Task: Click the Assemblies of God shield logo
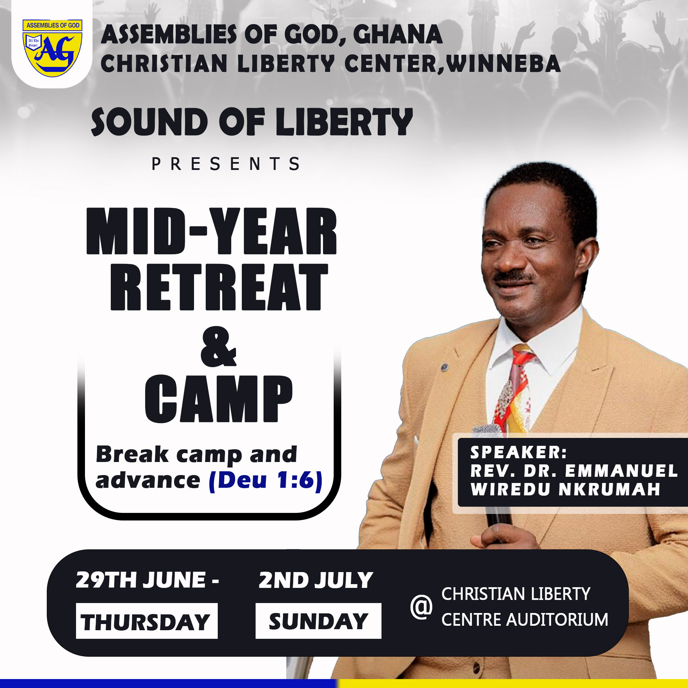coord(52,49)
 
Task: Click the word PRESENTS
coord(226,164)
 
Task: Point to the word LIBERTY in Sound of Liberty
coord(344,122)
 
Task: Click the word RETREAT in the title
coord(219,287)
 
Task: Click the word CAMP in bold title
coord(218,399)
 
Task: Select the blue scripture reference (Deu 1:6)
coord(266,481)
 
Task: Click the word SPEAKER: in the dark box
coord(518,453)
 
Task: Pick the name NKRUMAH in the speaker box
coord(609,489)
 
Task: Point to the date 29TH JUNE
coord(141,580)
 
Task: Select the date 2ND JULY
coord(316,580)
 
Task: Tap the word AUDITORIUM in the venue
coord(557,620)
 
